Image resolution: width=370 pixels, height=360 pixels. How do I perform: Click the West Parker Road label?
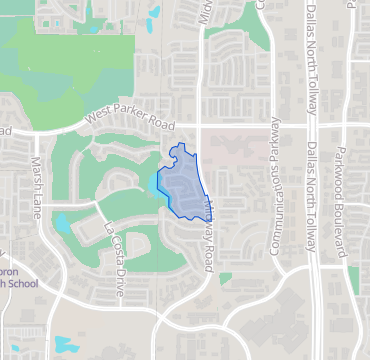coord(130,118)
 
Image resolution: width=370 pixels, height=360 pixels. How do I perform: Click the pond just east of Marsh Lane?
coord(62,222)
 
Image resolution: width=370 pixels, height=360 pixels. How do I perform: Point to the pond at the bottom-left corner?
coord(66,345)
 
